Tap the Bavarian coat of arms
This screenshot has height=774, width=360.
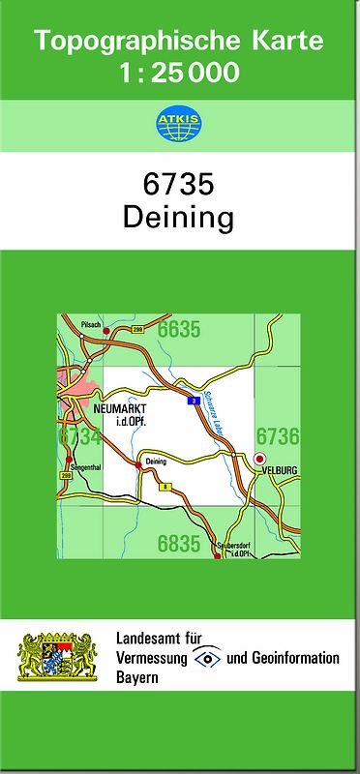tap(58, 657)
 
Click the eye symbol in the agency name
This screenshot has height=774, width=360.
tap(206, 659)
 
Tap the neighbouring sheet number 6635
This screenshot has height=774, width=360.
tap(179, 331)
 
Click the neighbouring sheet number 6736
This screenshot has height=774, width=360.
tap(277, 437)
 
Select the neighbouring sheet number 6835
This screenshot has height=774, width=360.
tap(179, 545)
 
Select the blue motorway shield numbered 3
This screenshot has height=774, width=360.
tap(195, 399)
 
